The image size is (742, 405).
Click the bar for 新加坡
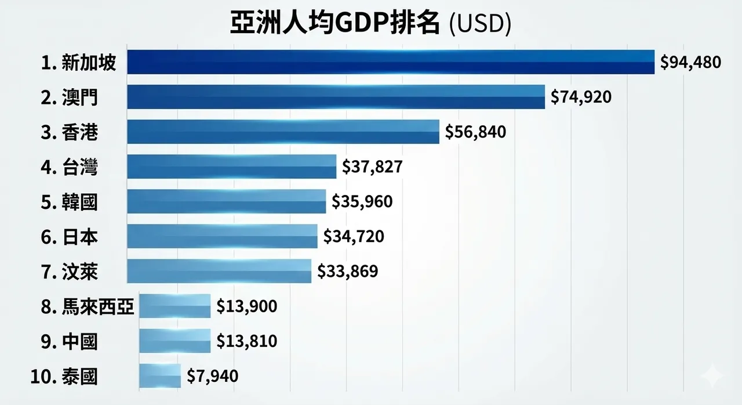tap(391, 62)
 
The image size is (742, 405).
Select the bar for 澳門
tap(336, 97)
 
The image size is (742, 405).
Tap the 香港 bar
tap(283, 132)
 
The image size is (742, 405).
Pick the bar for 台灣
tap(231, 167)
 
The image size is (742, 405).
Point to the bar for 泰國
tap(160, 376)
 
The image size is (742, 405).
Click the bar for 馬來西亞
tap(175, 306)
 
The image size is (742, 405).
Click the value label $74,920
tap(581, 97)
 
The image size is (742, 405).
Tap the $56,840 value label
tap(475, 132)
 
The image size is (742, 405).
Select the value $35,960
tap(362, 201)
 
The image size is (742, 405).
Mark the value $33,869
tap(348, 271)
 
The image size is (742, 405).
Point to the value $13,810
tap(246, 341)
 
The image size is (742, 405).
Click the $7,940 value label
tap(212, 377)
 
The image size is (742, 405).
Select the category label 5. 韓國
tap(70, 202)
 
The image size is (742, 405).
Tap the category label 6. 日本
tap(70, 237)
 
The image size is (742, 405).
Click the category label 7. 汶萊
tap(70, 272)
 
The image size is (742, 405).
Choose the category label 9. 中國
tap(70, 342)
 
